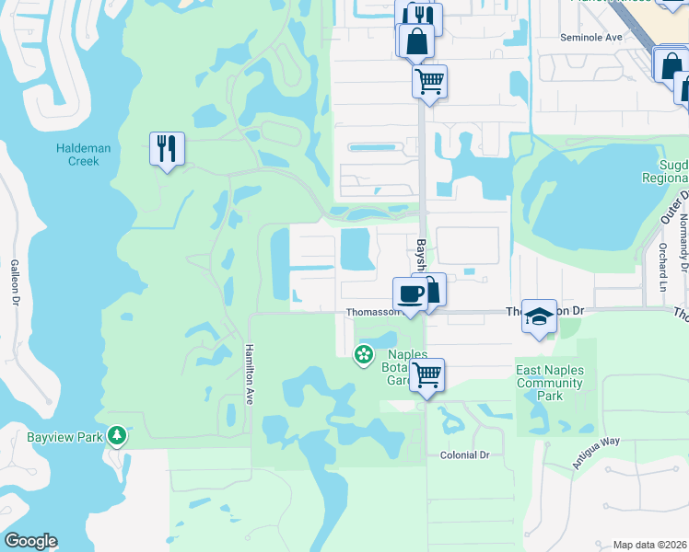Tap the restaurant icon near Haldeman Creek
tap(167, 148)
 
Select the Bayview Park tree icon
tap(116, 434)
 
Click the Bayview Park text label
tap(52, 436)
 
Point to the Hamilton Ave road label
tap(248, 374)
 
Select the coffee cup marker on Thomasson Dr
tap(410, 293)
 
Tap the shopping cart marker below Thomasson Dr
tap(426, 374)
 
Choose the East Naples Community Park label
tap(550, 382)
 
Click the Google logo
tap(30, 541)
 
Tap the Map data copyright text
tap(648, 545)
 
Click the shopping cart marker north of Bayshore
tap(429, 81)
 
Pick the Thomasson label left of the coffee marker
tap(372, 312)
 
